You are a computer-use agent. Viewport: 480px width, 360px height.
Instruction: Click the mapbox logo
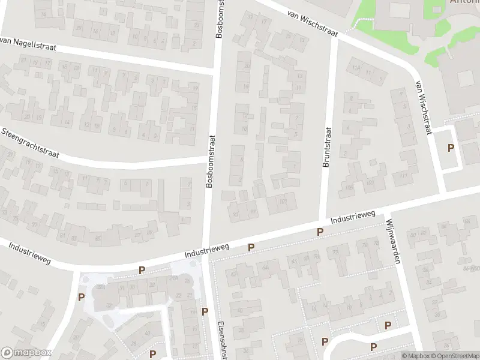26,353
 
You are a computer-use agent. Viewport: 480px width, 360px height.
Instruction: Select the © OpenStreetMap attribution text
451,356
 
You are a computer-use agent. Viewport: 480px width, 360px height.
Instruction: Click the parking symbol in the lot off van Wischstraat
451,148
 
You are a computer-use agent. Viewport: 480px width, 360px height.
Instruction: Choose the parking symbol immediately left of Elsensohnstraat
205,311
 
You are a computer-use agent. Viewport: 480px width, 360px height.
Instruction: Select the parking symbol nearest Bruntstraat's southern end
320,232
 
